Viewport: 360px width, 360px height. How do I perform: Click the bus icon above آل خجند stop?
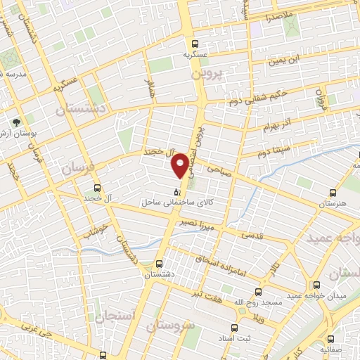tap(98, 188)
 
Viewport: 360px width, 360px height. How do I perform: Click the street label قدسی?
tap(252, 234)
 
